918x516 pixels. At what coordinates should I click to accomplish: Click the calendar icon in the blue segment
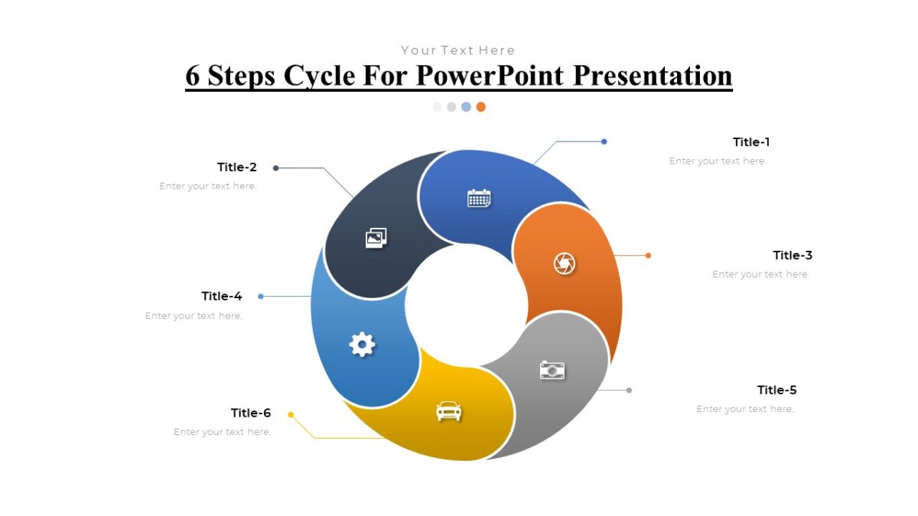(479, 199)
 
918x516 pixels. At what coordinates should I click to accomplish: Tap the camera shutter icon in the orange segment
(565, 264)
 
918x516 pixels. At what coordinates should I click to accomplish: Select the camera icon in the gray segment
(552, 370)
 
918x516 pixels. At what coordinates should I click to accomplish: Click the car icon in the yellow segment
(449, 411)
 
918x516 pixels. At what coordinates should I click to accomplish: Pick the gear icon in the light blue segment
(362, 344)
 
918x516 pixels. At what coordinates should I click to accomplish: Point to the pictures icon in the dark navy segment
(376, 238)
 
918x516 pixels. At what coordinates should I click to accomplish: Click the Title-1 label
(750, 142)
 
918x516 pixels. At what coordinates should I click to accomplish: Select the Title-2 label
(237, 167)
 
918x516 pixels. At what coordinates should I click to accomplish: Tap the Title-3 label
(793, 255)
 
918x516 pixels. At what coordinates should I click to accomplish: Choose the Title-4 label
(222, 296)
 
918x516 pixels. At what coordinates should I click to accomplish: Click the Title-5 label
(776, 390)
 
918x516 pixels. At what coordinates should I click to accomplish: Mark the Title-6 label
(251, 413)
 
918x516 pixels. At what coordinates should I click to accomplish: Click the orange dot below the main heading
(480, 107)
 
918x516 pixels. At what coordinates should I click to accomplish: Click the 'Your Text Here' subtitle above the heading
(458, 50)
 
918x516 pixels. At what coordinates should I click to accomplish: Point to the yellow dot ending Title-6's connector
(291, 414)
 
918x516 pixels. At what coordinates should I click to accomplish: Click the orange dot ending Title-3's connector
(648, 255)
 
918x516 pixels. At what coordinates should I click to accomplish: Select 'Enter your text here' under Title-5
(744, 409)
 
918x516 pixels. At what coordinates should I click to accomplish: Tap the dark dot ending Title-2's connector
(275, 168)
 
